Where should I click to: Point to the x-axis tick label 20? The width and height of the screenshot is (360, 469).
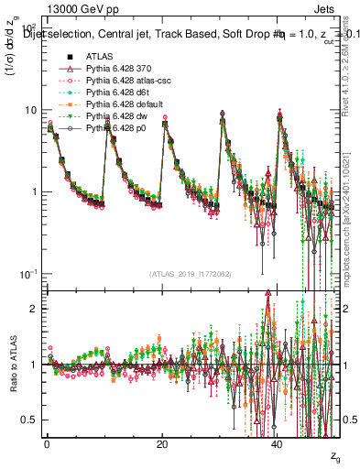pos(162,443)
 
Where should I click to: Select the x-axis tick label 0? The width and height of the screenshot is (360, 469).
pos(47,443)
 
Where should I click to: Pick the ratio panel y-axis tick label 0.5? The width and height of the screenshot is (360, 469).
pos(28,420)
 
